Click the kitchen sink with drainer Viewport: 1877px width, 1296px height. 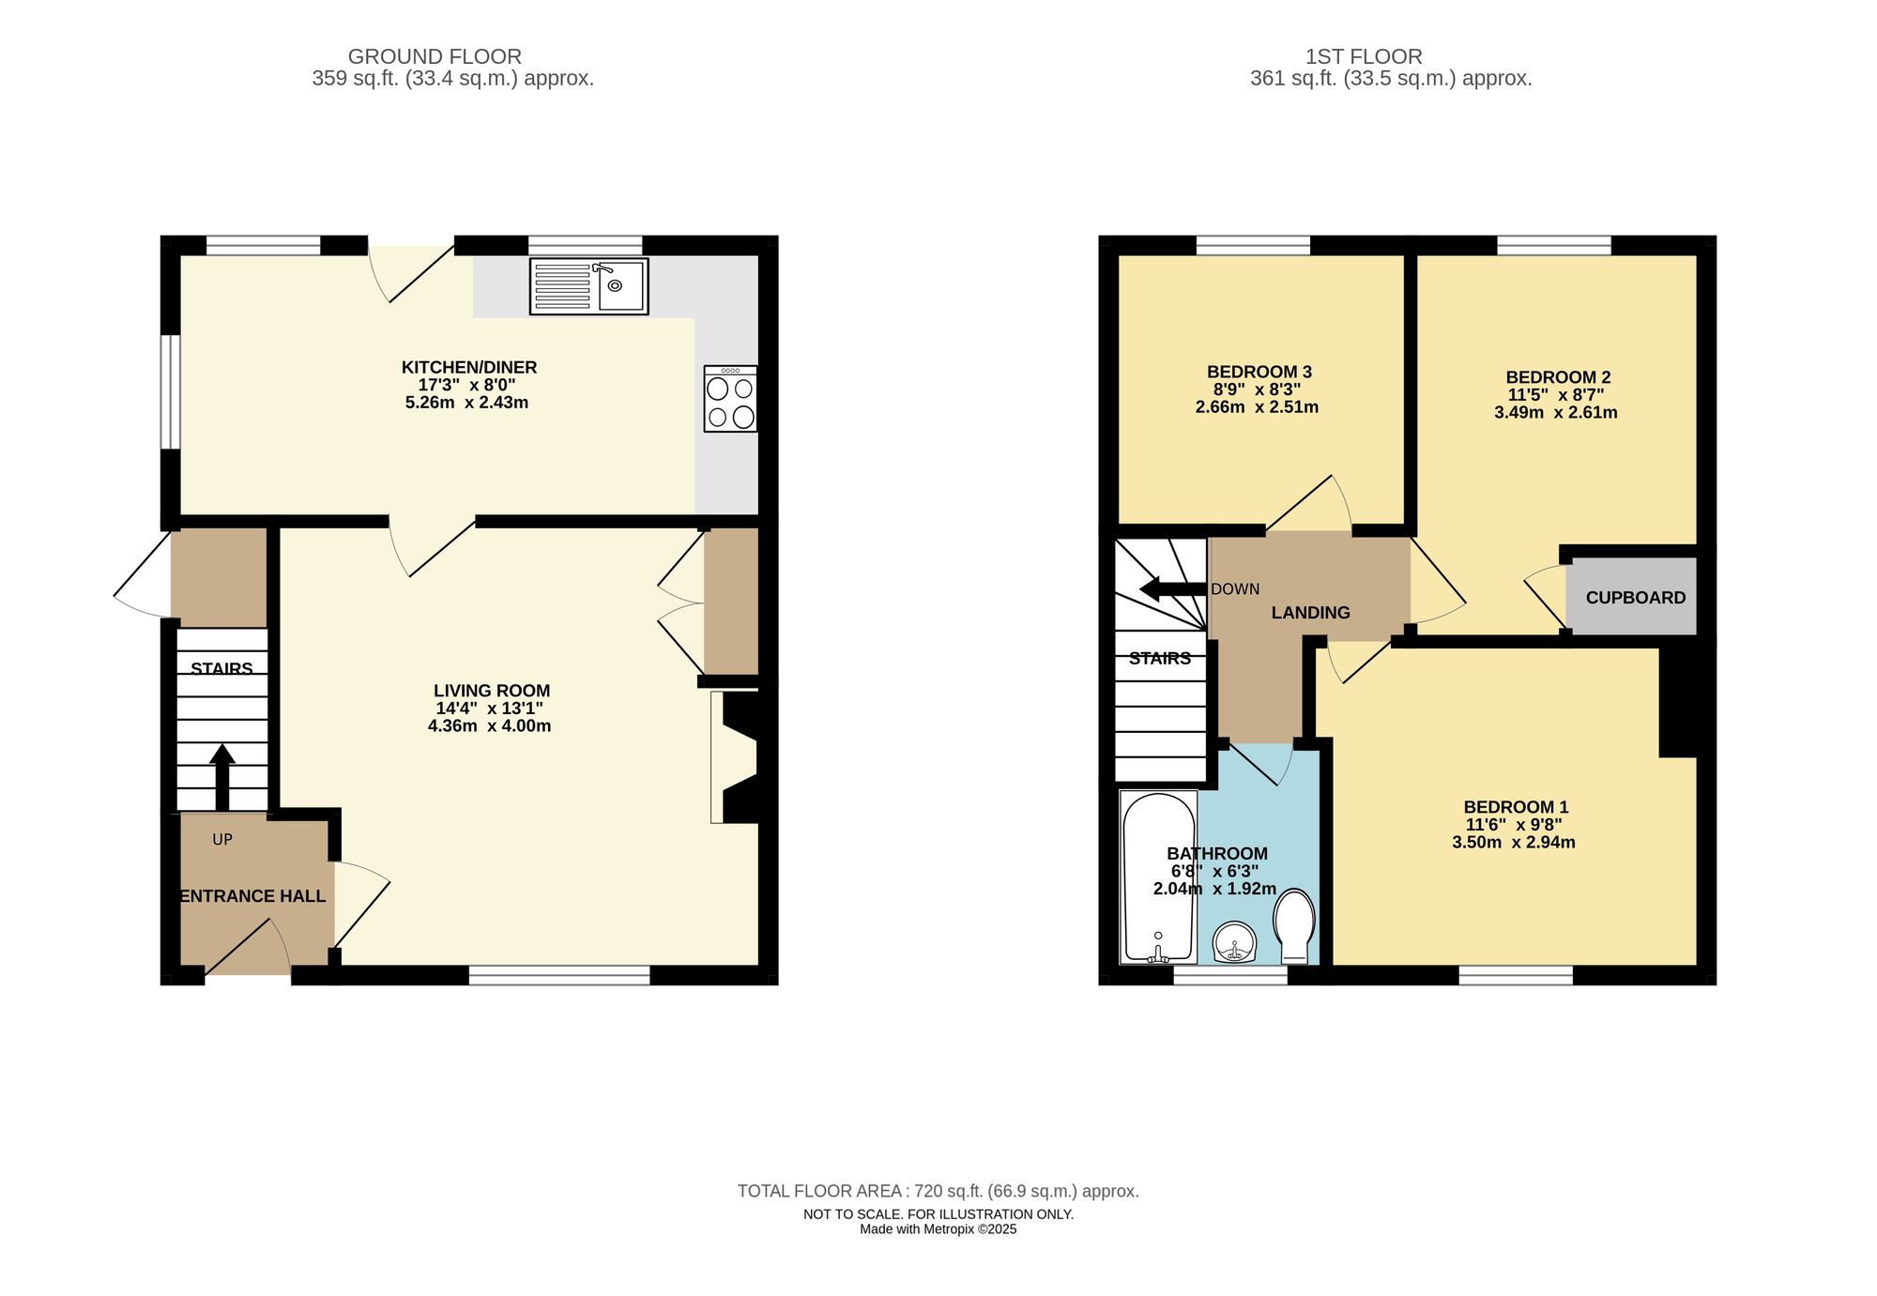tap(588, 286)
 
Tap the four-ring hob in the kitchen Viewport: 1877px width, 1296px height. tap(730, 399)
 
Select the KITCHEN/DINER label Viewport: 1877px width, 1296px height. tap(469, 367)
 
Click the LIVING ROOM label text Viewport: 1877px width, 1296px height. tap(492, 691)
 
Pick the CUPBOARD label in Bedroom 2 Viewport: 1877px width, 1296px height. tap(1635, 598)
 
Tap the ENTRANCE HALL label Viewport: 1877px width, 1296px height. tap(252, 896)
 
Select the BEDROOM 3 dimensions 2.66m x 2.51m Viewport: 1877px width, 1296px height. tap(1257, 407)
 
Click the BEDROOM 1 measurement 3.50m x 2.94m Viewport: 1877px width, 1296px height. tap(1513, 843)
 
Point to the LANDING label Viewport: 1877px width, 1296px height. tap(1310, 613)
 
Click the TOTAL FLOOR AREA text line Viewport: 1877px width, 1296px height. tap(938, 1191)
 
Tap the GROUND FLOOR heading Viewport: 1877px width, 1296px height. tap(435, 56)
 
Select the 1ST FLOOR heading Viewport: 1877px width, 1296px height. tap(1364, 56)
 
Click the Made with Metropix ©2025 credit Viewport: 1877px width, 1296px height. tap(938, 1229)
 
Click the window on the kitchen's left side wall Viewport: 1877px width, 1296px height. tap(170, 392)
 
